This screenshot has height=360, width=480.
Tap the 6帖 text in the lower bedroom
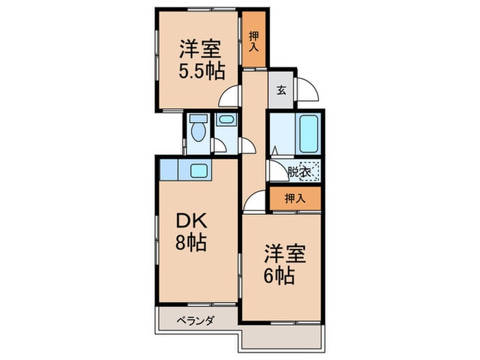[x=280, y=276]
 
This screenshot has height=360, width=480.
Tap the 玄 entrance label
[x=281, y=89]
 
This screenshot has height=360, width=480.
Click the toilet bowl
[x=199, y=130]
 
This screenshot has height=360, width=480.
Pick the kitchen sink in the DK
[x=200, y=170]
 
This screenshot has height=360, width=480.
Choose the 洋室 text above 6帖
[x=281, y=254]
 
